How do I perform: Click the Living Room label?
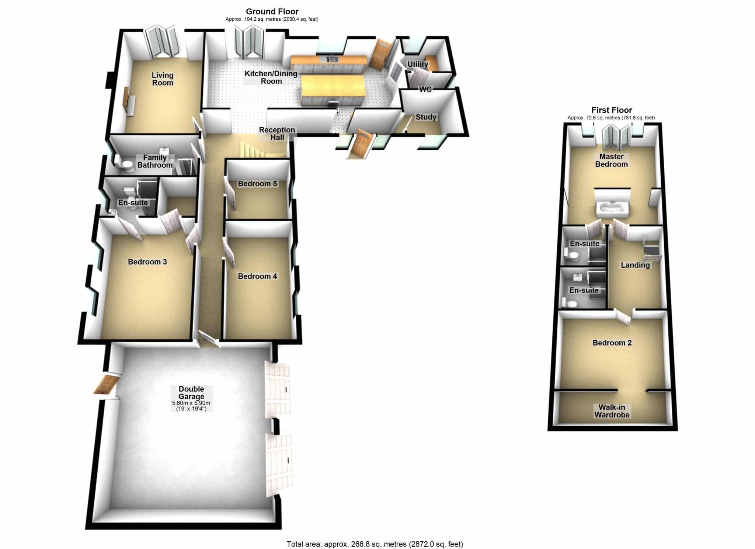[x=163, y=79]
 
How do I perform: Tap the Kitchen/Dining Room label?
[x=271, y=77]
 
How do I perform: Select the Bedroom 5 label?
[x=257, y=184]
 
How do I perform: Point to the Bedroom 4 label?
[x=257, y=276]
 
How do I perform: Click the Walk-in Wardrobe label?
[x=612, y=411]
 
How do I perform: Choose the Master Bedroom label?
[x=611, y=160]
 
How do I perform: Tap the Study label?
[x=426, y=117]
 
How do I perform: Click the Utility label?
[x=418, y=64]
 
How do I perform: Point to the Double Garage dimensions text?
[x=191, y=406]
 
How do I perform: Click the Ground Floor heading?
[x=272, y=11]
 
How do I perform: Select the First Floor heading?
[x=612, y=110]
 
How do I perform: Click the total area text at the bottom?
[x=375, y=544]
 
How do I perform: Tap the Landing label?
[x=635, y=265]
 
